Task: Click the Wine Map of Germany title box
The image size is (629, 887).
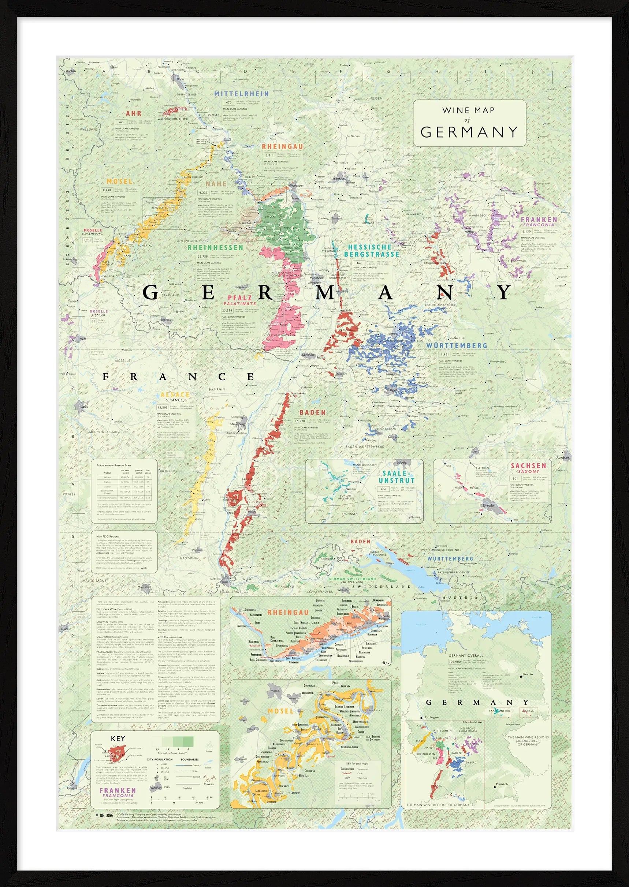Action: [469, 123]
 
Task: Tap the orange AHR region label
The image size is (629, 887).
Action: [133, 113]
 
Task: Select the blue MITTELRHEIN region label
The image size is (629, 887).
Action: [241, 94]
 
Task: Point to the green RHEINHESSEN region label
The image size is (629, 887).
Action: [215, 248]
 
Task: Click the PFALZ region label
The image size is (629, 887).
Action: [240, 298]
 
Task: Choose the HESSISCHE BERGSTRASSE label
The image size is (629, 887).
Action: [371, 251]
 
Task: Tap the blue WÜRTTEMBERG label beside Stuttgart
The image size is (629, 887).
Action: [457, 345]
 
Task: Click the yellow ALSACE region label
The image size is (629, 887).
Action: [175, 395]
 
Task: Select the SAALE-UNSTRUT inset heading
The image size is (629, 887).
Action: [396, 477]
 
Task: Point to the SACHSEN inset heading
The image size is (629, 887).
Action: [528, 466]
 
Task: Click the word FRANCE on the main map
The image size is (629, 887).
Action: [178, 377]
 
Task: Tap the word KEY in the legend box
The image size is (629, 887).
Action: [118, 739]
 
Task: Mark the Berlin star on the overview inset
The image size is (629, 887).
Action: [521, 676]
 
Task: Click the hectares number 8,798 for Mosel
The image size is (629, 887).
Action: [107, 190]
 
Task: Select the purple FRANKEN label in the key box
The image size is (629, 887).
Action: [118, 791]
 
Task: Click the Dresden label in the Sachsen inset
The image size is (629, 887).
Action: [489, 505]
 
